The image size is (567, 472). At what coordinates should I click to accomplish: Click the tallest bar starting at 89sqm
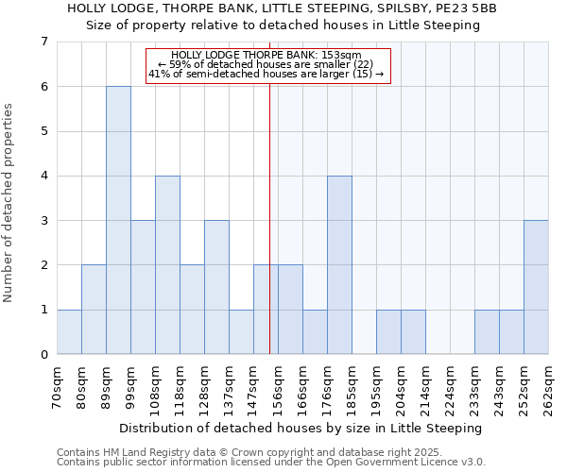click(118, 220)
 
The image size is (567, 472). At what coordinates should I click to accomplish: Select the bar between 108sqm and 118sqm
click(167, 264)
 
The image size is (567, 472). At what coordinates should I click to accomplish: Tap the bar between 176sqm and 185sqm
click(339, 264)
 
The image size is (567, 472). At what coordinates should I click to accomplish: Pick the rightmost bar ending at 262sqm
click(536, 287)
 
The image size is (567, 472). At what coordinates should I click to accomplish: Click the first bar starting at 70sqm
click(69, 331)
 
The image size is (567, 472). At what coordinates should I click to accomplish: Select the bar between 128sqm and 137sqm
click(216, 287)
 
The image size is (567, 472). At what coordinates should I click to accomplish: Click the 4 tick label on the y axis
click(43, 176)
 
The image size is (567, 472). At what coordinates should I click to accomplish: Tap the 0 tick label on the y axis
click(43, 355)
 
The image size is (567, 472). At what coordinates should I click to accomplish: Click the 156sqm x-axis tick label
click(279, 387)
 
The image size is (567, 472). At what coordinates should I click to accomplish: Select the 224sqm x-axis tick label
click(451, 387)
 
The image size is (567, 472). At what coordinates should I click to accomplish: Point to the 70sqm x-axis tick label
click(58, 387)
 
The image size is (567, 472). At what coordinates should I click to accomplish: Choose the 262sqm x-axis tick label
click(549, 387)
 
